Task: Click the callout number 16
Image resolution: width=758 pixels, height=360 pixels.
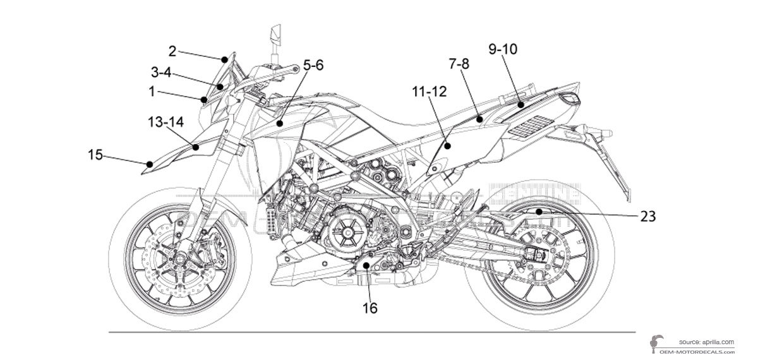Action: [370, 308]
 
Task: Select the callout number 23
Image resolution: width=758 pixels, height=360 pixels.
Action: [647, 216]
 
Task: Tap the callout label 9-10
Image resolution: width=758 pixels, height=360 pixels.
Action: [503, 49]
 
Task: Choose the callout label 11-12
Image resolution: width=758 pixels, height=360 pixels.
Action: [429, 92]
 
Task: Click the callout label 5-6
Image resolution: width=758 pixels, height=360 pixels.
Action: [313, 64]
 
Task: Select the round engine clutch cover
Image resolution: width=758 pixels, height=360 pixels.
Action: [345, 231]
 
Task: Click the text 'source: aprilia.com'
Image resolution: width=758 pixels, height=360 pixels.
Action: [706, 342]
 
